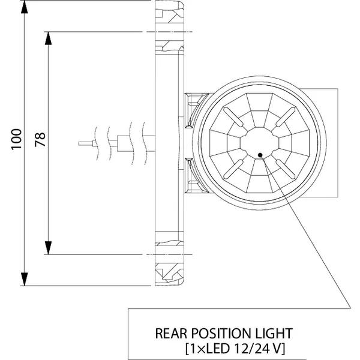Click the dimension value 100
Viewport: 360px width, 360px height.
16,139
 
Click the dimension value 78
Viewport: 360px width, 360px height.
40,139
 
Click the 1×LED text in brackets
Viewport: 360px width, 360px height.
208,347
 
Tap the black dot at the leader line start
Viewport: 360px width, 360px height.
259,155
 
